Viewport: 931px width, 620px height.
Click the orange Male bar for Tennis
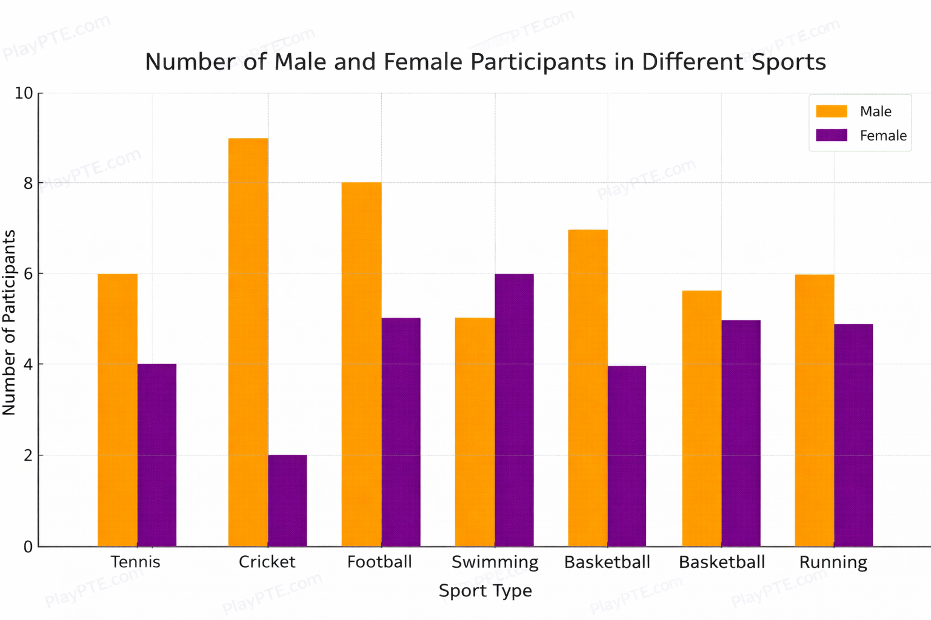tap(118, 410)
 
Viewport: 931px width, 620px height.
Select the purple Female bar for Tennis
tap(157, 455)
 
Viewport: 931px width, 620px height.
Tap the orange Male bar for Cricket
tap(248, 342)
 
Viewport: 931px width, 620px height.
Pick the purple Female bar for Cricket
tap(287, 501)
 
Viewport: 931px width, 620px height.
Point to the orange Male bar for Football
tap(361, 364)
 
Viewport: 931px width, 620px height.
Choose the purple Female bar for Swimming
tap(514, 410)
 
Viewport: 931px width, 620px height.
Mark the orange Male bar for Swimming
tap(475, 432)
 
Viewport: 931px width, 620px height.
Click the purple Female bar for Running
tap(853, 435)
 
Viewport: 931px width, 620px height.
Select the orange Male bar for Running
tap(814, 410)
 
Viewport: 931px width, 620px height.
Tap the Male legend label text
tap(875, 111)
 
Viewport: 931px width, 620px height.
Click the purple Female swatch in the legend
tap(831, 135)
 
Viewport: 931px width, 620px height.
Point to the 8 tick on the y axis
tap(28, 183)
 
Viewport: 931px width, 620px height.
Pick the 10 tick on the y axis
tap(24, 93)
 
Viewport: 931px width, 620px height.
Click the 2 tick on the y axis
tap(28, 455)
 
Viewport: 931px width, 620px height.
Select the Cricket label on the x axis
tap(267, 562)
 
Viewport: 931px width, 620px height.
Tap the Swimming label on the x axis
tap(495, 562)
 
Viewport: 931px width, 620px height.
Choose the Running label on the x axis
tap(833, 562)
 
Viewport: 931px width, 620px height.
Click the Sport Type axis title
tap(485, 590)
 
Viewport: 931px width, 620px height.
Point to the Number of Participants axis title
tap(9, 322)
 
